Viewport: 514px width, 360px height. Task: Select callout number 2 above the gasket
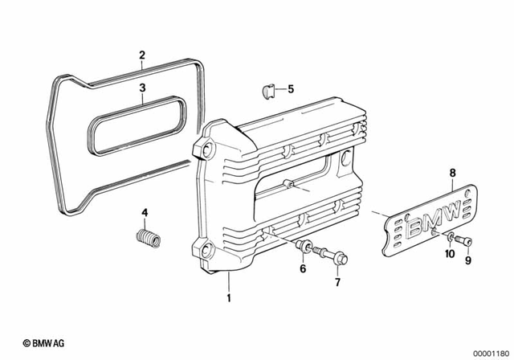click(x=141, y=55)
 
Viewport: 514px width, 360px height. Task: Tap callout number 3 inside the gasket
click(x=141, y=87)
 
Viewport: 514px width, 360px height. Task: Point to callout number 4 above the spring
click(x=145, y=212)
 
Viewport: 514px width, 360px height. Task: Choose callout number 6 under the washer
click(x=303, y=268)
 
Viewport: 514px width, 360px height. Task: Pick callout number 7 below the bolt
click(x=337, y=283)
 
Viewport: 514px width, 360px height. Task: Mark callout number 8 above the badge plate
click(x=452, y=172)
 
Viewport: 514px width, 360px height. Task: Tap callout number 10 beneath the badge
click(x=450, y=253)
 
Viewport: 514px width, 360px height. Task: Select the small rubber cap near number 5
click(x=271, y=88)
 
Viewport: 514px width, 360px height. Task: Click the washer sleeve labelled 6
click(x=305, y=246)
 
